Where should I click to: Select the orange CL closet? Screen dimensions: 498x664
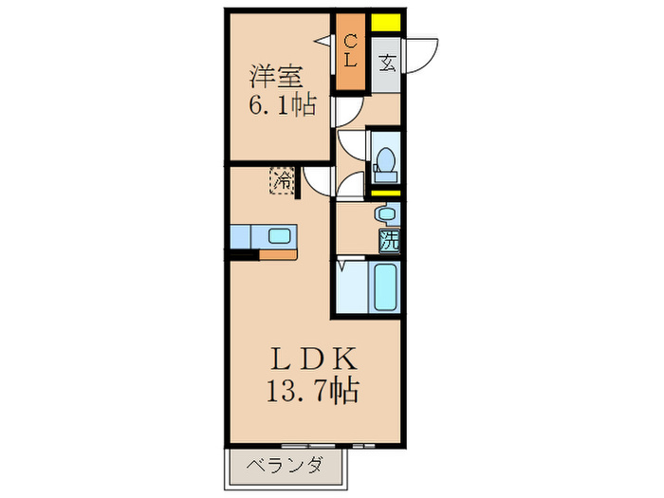[x=350, y=52]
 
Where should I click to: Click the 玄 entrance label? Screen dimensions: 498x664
[x=387, y=65]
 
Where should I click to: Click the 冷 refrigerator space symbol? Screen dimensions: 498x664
[x=283, y=179]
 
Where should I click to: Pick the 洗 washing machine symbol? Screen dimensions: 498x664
[x=389, y=241]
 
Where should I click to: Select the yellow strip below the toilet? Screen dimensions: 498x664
[x=386, y=194]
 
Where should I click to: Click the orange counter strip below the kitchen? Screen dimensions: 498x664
[x=278, y=253]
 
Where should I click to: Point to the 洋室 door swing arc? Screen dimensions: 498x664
[x=346, y=111]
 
